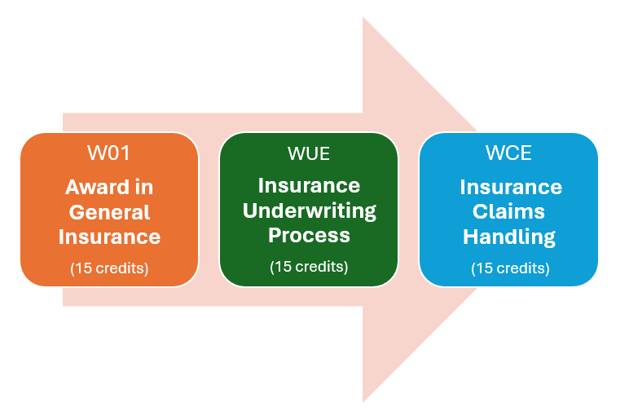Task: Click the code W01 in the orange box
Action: point(109,153)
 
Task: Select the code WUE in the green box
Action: point(309,153)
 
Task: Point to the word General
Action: point(109,212)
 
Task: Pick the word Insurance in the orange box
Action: point(109,237)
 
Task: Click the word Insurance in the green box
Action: point(309,186)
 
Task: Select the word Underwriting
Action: point(309,211)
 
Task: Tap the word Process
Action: point(309,236)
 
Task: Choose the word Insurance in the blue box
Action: point(510,187)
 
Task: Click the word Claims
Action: point(510,212)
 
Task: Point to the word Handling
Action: point(510,237)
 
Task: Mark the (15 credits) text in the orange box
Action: point(109,268)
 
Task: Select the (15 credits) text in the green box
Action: point(309,266)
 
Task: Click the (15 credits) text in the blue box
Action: point(510,268)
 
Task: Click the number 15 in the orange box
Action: point(83,268)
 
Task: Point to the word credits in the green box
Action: point(319,266)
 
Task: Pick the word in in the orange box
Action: point(143,187)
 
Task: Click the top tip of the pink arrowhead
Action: point(363,18)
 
